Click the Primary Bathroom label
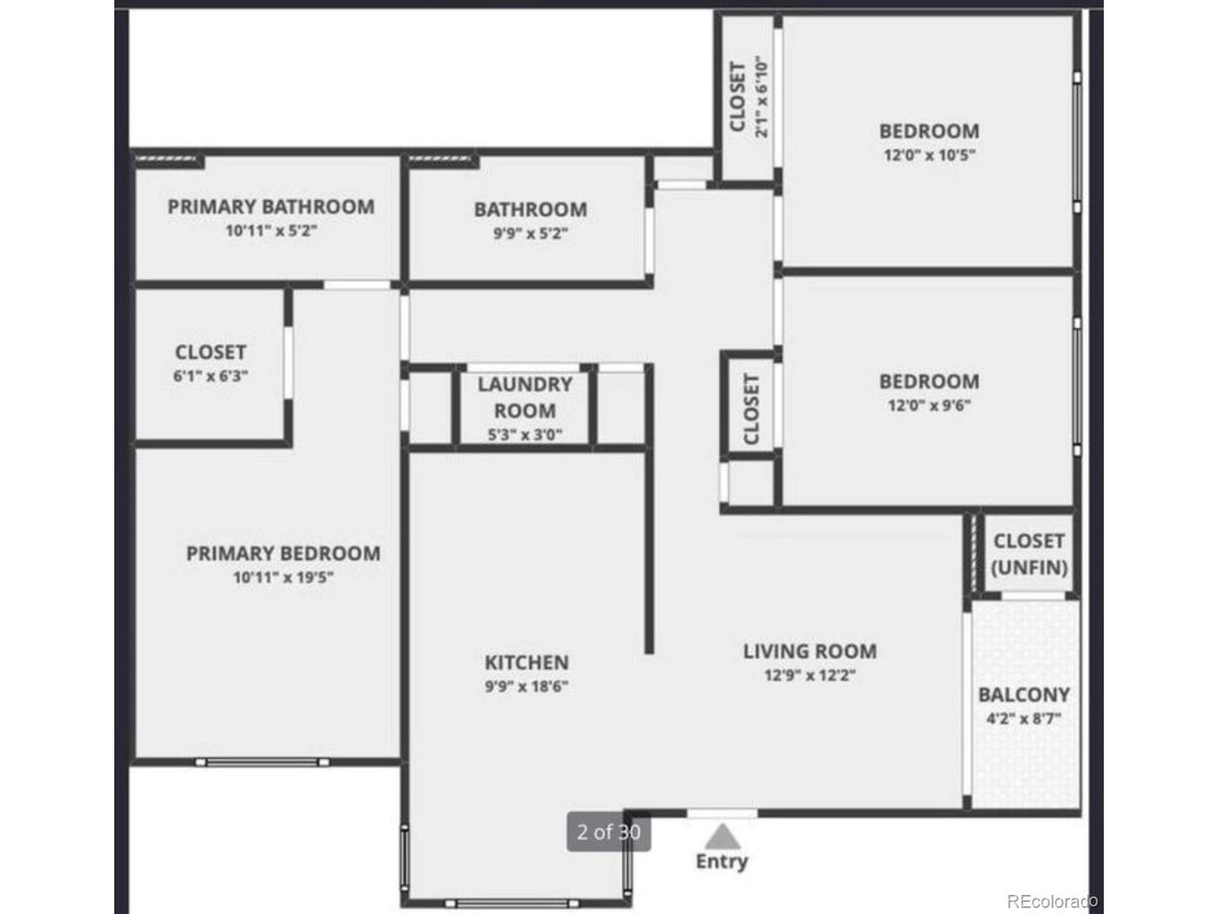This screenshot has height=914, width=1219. click(271, 207)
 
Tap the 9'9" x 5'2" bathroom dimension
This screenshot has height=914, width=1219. click(530, 233)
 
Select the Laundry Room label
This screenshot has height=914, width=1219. click(525, 397)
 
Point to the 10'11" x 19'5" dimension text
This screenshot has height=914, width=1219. click(283, 577)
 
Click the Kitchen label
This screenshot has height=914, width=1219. click(527, 662)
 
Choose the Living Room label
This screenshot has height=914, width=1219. click(809, 651)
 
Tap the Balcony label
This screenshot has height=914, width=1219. click(1024, 694)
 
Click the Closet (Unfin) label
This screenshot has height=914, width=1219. click(1029, 554)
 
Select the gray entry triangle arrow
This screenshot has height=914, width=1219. click(722, 837)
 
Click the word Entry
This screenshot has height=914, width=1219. click(722, 862)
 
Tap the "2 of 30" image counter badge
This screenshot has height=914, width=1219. click(609, 832)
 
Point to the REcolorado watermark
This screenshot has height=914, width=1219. click(1052, 902)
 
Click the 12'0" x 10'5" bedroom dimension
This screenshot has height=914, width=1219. click(929, 155)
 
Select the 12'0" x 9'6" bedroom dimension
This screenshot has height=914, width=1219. click(929, 406)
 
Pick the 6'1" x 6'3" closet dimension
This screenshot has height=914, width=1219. click(210, 376)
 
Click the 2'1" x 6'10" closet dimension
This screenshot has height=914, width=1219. click(761, 96)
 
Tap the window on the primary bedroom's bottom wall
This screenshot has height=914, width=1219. click(262, 762)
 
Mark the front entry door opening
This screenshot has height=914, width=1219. click(722, 813)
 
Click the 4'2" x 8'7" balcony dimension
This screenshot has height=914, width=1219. click(1024, 719)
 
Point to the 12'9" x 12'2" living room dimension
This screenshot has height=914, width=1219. click(809, 675)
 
